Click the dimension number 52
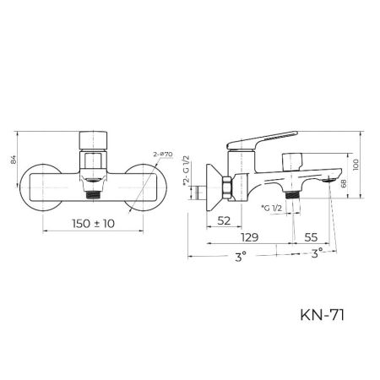225,221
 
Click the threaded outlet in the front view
94,193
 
